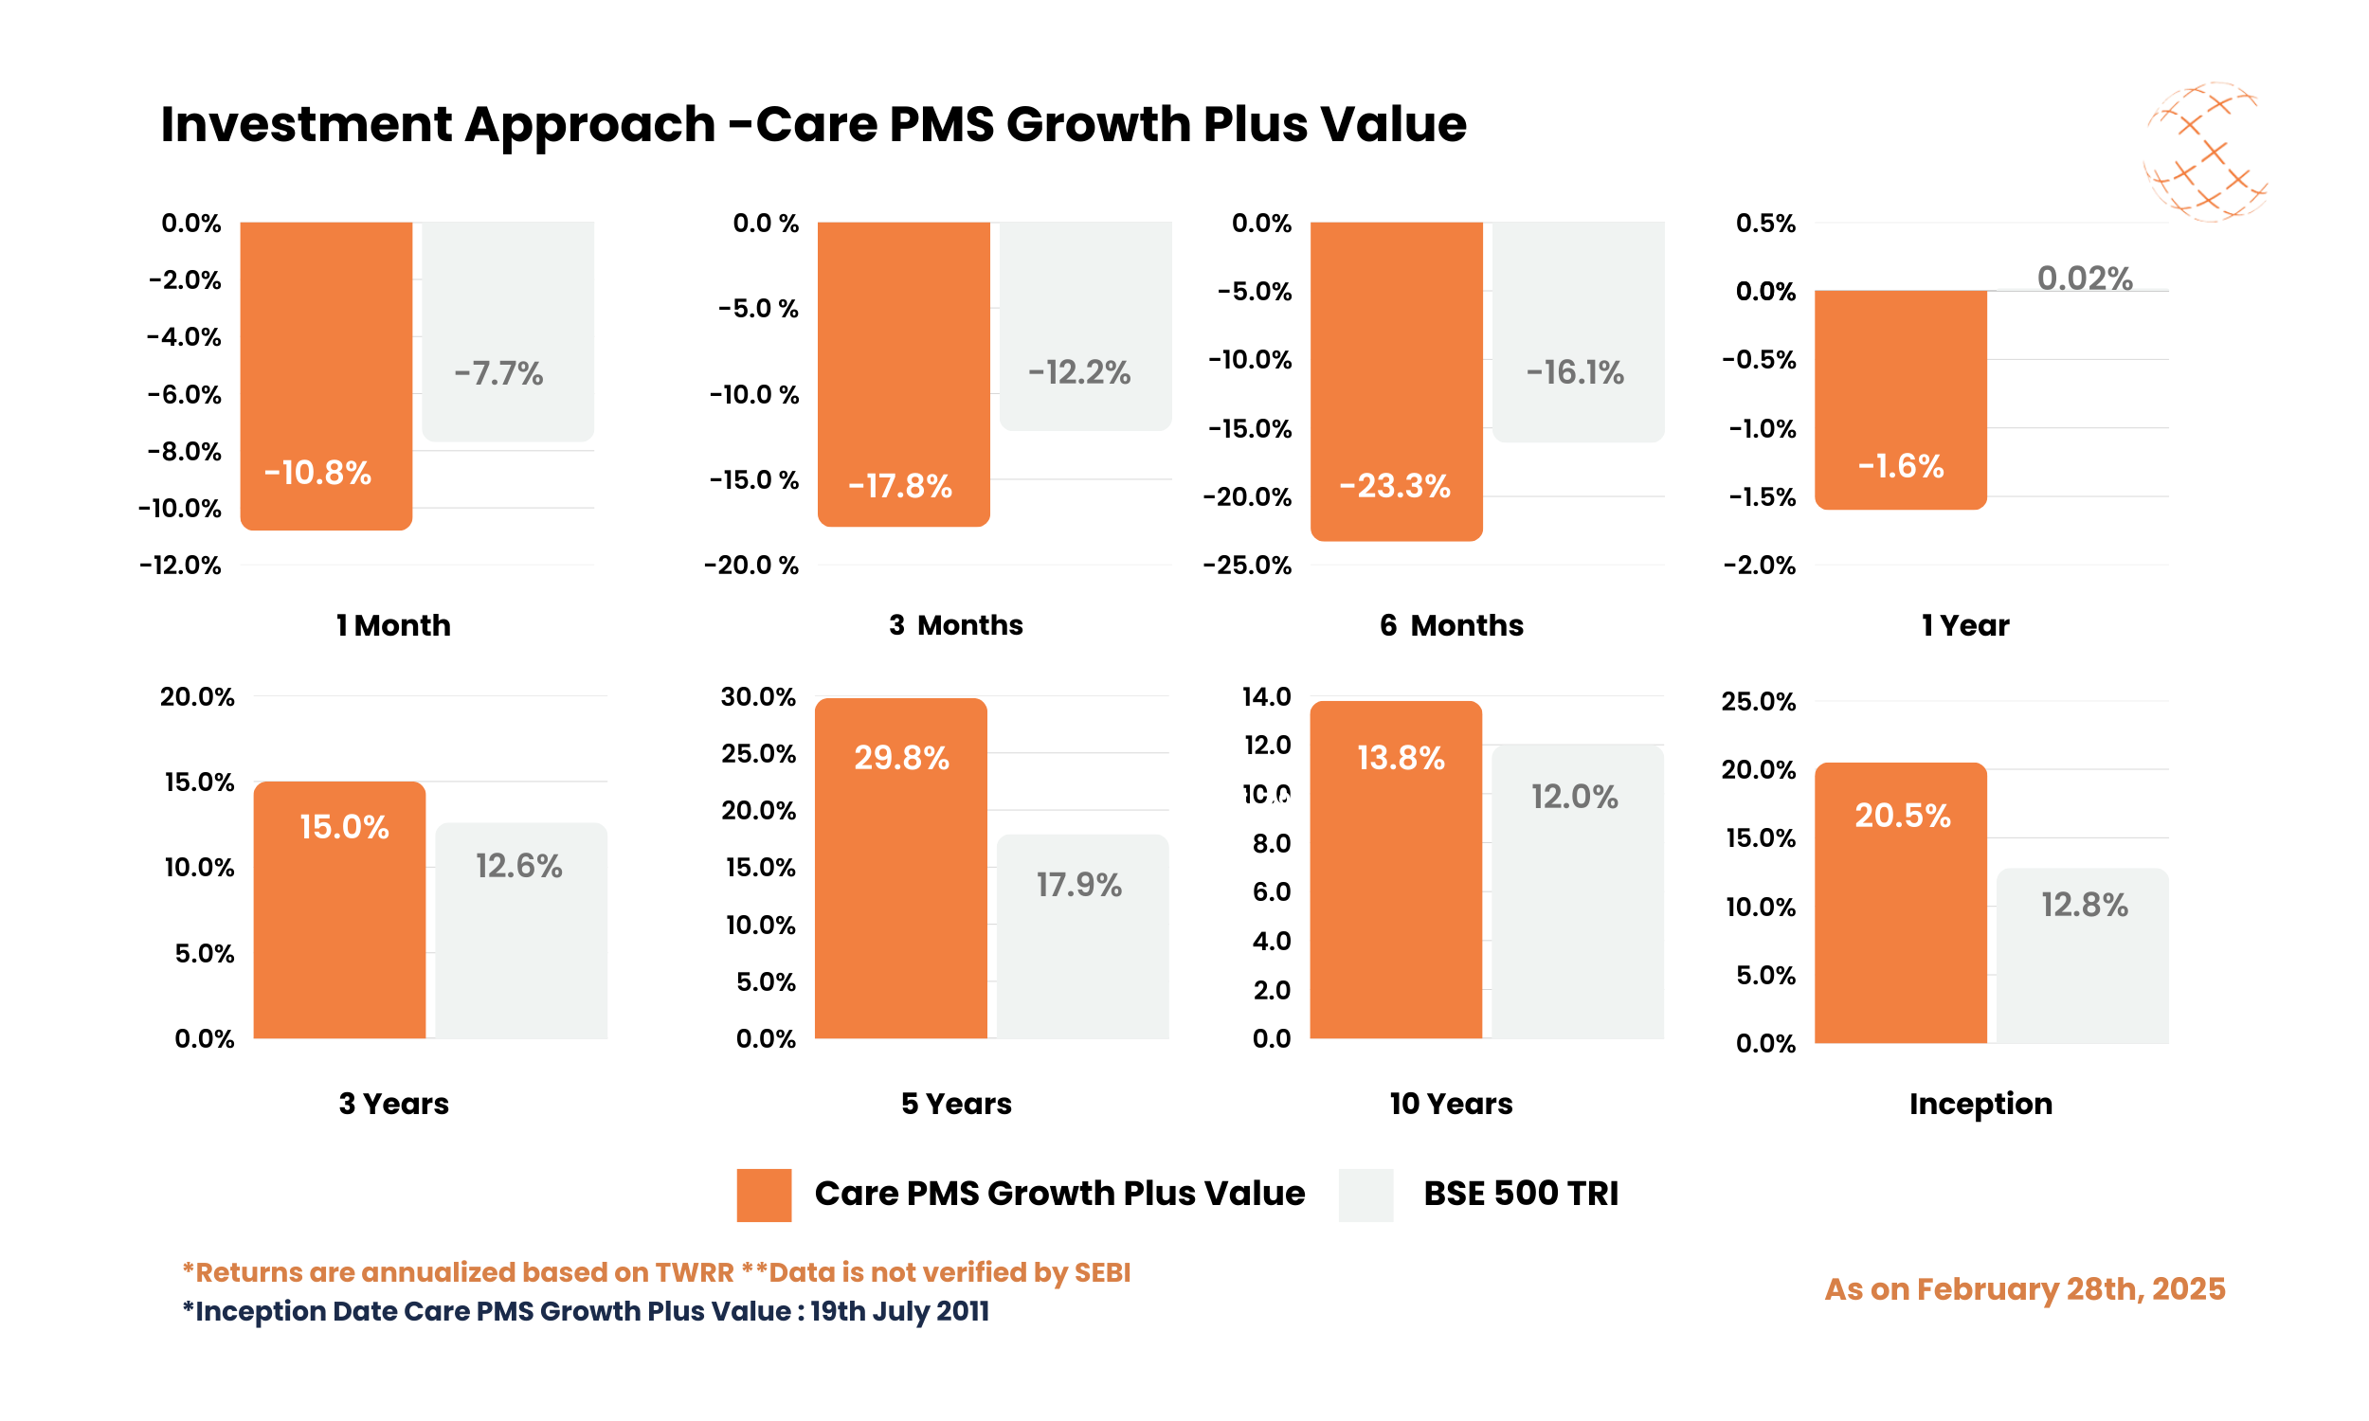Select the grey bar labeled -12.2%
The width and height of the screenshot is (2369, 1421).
1085,326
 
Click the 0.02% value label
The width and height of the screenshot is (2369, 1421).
2084,279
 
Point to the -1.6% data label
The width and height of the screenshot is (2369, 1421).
1900,466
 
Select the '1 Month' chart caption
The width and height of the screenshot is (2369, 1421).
392,625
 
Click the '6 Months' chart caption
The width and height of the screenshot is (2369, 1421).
1451,625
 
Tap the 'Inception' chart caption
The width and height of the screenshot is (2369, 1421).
1980,1103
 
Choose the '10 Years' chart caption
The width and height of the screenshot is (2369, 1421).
1451,1103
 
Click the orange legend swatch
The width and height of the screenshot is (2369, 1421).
763,1194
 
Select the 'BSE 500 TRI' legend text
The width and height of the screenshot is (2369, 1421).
1520,1193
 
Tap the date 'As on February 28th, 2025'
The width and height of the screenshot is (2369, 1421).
2024,1289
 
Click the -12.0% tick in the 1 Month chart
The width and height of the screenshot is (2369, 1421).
180,565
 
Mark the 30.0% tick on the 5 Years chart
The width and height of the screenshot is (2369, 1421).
757,696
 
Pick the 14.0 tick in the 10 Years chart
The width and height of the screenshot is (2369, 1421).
1266,696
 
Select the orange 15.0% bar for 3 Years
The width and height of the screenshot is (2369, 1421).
339,909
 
